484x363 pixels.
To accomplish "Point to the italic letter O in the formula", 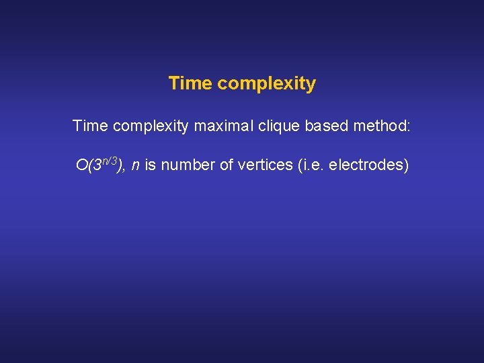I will coord(82,165).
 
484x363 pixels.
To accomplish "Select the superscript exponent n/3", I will coord(111,161).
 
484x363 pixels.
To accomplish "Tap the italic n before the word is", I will coord(135,166).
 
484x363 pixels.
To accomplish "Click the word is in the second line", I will coord(151,165).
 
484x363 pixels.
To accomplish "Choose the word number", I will coord(188,165).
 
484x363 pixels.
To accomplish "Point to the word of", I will coord(227,165).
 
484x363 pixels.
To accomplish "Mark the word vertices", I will coord(265,165).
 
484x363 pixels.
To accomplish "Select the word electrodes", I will coord(365,165).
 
